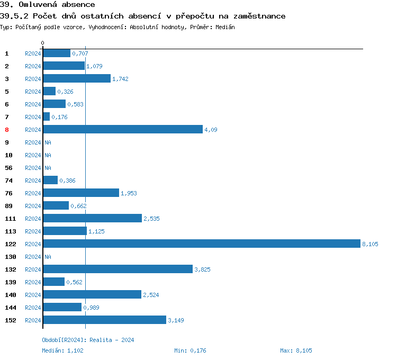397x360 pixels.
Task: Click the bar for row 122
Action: (x=201, y=244)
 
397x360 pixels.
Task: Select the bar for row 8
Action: (x=122, y=129)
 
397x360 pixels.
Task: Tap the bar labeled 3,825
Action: (x=118, y=269)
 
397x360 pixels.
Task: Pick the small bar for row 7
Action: (x=46, y=116)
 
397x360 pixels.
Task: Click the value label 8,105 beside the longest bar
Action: (x=370, y=244)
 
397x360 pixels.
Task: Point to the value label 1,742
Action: (x=120, y=79)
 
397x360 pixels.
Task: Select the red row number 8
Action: (x=7, y=130)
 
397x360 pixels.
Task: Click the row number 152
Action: (x=10, y=320)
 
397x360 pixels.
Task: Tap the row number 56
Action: (x=8, y=168)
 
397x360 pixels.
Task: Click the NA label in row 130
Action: (x=48, y=257)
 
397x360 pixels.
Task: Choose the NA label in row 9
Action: (x=48, y=142)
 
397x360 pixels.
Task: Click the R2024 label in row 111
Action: (x=33, y=219)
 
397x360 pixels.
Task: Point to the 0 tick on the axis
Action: (x=43, y=43)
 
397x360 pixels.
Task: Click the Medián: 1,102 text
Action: (x=62, y=350)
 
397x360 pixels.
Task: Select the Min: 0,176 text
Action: (x=191, y=350)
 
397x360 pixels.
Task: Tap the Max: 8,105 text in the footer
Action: (x=296, y=350)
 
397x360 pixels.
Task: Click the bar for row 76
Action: (x=81, y=193)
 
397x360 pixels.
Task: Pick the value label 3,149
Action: (x=176, y=320)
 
